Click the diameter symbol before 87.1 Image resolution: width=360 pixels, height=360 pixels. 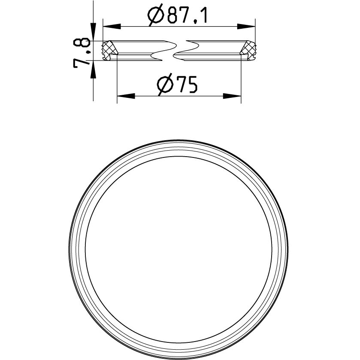pyautogui.click(x=156, y=16)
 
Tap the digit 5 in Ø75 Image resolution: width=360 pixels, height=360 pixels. pyautogui.click(x=191, y=85)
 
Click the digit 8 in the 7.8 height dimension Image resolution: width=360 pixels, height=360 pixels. pyautogui.click(x=82, y=43)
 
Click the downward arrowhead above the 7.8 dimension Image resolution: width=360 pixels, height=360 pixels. pyautogui.click(x=92, y=34)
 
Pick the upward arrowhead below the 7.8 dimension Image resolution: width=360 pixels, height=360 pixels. pyautogui.click(x=92, y=67)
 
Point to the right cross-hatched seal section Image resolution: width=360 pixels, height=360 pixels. pyautogui.click(x=249, y=48)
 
